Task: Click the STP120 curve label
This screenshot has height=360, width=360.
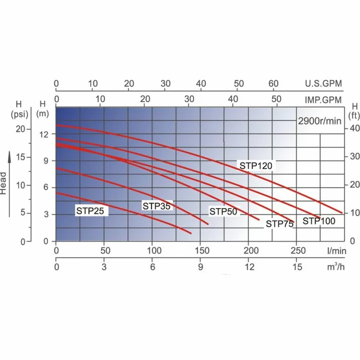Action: coord(254,166)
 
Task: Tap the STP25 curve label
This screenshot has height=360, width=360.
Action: coord(90,211)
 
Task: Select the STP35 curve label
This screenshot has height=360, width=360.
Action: coord(156,206)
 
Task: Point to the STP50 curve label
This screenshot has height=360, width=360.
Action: coord(223,212)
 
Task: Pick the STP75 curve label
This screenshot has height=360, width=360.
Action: coord(279,224)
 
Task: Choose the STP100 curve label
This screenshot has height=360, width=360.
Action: coord(318,220)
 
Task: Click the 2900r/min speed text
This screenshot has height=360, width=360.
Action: coord(319,121)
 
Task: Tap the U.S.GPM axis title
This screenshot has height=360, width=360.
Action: coord(323,83)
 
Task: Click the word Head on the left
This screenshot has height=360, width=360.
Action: coord(4,183)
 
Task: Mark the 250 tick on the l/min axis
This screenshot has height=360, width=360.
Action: coord(296,250)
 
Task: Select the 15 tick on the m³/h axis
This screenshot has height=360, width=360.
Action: coord(296,267)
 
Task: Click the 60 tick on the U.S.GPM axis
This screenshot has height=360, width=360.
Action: coord(274,83)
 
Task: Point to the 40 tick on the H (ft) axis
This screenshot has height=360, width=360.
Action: coord(355,129)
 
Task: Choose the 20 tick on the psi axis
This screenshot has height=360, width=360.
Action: coord(20,129)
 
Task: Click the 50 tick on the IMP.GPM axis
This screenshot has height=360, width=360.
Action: coord(277,100)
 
